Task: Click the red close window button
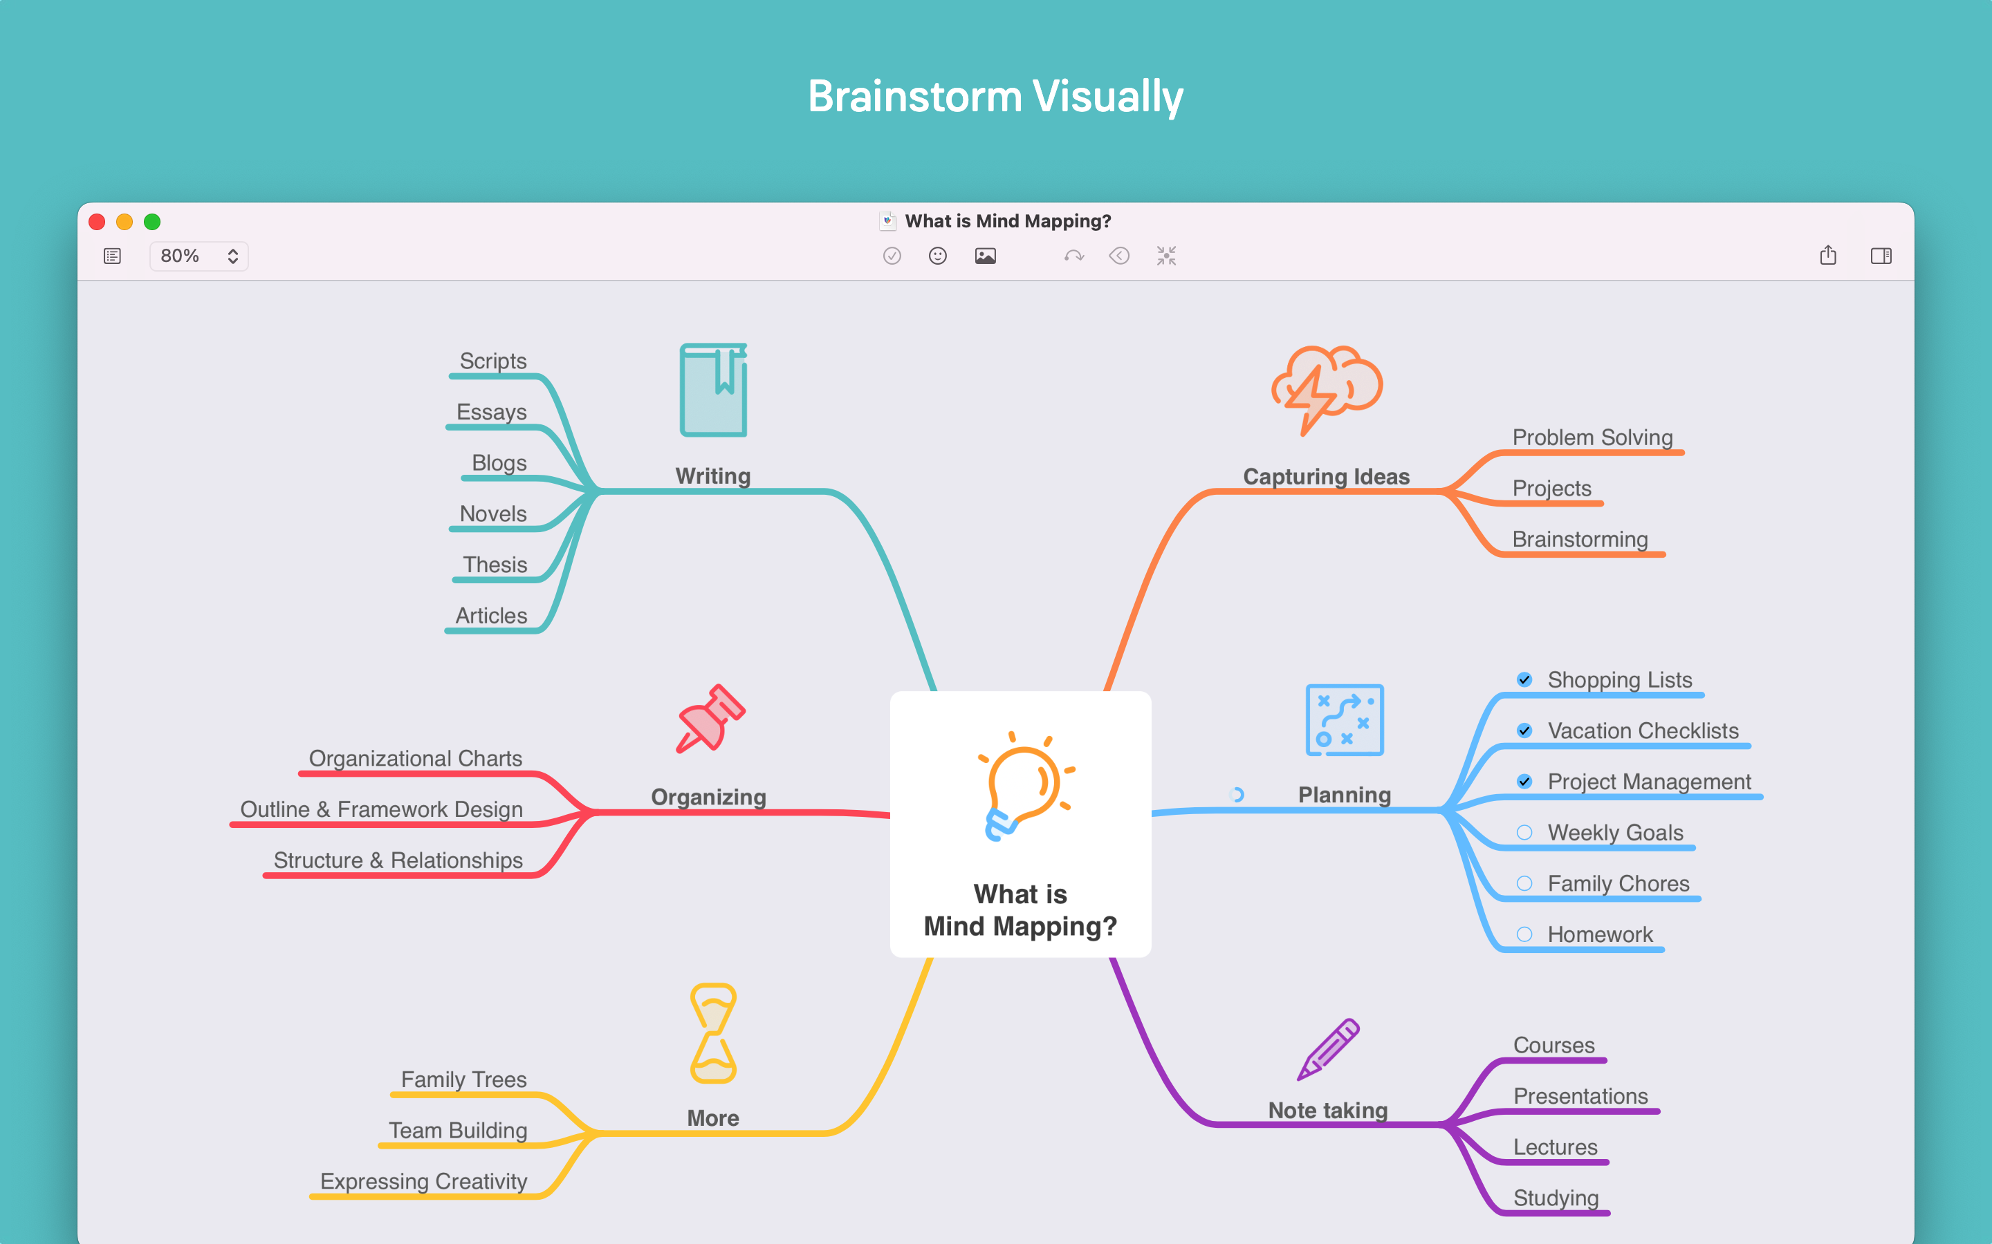(97, 222)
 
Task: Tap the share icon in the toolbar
(1827, 256)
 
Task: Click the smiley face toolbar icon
(938, 256)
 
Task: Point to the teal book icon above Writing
(713, 390)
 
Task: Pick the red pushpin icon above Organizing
(710, 719)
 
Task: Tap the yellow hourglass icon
(713, 1033)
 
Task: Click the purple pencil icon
(1328, 1049)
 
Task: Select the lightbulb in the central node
(1023, 786)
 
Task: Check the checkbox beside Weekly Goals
(1524, 833)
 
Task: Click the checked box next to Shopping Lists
(1524, 679)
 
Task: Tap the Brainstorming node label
(1580, 539)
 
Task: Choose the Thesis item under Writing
(495, 565)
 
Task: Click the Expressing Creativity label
(423, 1182)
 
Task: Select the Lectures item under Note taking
(1555, 1147)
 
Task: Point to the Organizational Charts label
(415, 759)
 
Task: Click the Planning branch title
(1344, 795)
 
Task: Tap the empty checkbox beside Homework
(1524, 934)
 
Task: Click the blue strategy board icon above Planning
(1344, 720)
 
